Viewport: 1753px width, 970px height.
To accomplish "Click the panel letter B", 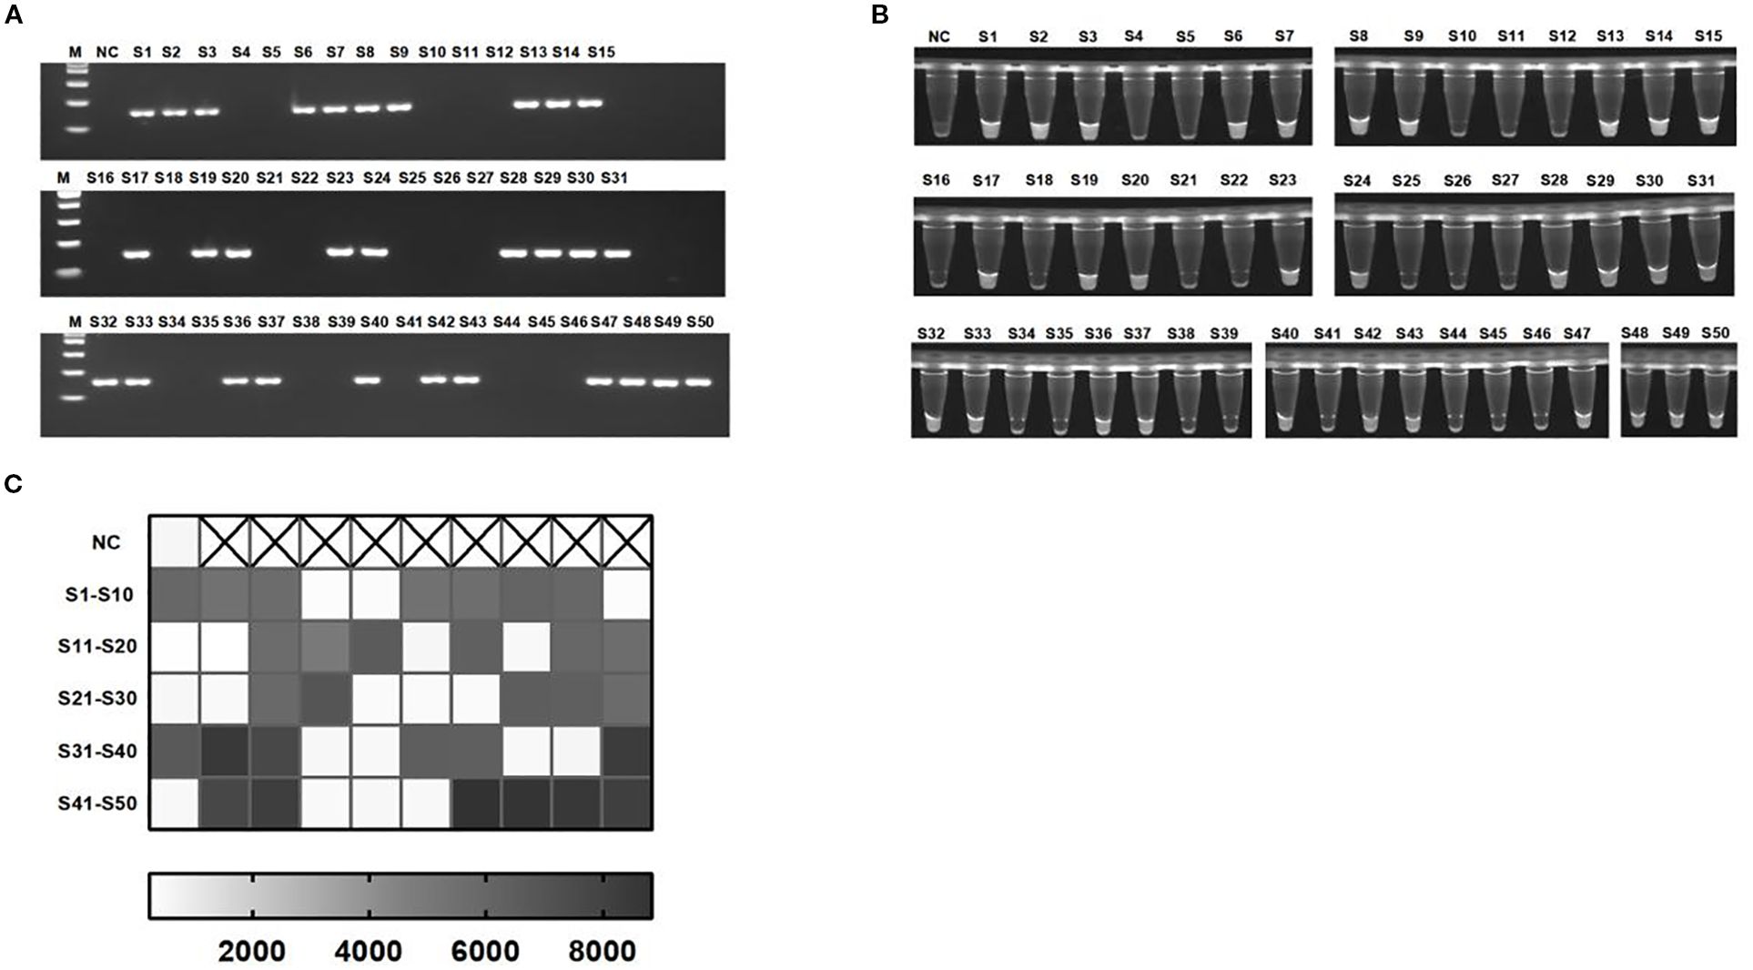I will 880,15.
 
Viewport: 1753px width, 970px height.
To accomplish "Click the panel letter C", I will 14,484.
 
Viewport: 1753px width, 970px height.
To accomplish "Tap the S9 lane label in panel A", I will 398,53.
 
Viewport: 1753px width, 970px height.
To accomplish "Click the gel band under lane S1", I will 141,114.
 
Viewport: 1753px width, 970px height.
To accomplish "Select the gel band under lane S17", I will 136,255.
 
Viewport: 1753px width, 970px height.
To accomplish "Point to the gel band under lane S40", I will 367,379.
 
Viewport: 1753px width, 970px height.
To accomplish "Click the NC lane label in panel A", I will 107,53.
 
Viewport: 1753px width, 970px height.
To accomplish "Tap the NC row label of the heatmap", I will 106,542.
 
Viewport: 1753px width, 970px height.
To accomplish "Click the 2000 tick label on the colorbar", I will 251,952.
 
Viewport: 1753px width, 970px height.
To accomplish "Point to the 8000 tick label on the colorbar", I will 603,952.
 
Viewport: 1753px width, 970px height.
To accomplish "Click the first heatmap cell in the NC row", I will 174,543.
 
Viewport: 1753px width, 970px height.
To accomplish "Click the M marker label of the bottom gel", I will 76,322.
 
